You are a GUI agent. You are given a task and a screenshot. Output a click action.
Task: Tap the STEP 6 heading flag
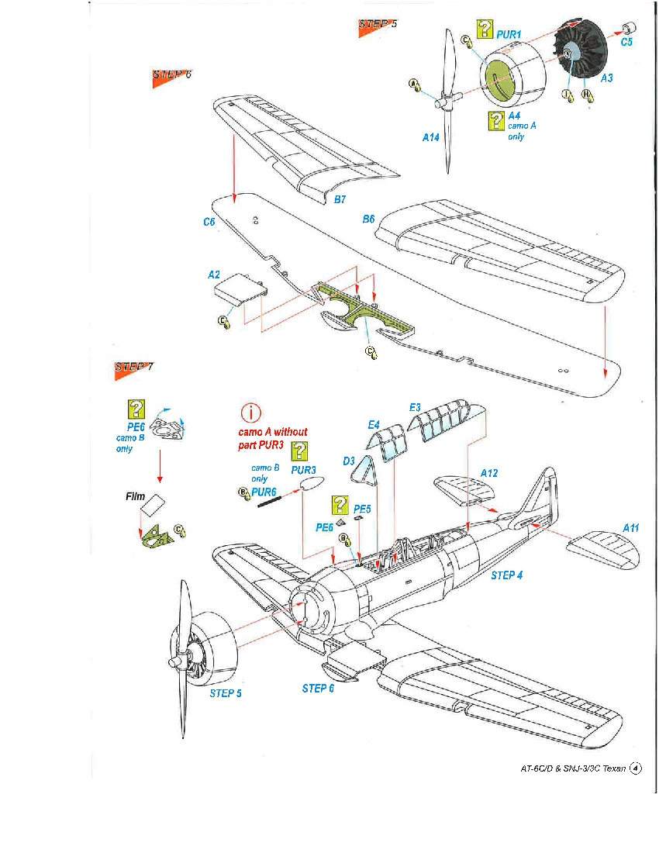coord(171,75)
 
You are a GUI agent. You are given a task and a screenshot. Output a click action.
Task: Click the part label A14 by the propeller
coord(431,137)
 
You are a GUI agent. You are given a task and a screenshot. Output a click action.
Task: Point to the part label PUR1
coord(509,35)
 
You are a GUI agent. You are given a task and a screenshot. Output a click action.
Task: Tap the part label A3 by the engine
coord(606,78)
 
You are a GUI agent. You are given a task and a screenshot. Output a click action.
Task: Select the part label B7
coord(340,199)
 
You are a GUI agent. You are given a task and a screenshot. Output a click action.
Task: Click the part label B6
coord(369,219)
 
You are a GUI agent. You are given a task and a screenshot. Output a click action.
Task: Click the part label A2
coord(214,275)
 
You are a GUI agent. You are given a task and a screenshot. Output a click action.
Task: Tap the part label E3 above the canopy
coord(415,407)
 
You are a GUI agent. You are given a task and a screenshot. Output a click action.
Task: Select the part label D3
coord(349,461)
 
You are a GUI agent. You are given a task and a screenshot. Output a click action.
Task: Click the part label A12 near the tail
coord(489,472)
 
